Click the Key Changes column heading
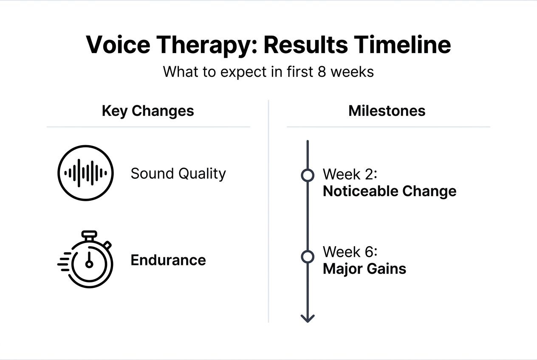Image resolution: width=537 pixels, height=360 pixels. tap(148, 111)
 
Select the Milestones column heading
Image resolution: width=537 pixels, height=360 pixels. tap(387, 111)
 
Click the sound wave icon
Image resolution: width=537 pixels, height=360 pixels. tap(85, 173)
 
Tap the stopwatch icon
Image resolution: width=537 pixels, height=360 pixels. tap(87, 259)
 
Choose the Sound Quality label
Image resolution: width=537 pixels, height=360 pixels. tap(178, 174)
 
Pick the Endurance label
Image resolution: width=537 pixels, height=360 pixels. tap(168, 260)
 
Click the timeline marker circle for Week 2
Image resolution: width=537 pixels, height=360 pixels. tap(307, 175)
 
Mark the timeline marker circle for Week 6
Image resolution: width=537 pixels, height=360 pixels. tap(307, 257)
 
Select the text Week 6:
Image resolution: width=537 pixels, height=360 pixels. tap(350, 252)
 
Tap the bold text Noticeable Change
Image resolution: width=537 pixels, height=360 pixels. tap(390, 191)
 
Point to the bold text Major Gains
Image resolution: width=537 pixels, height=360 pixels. tap(365, 269)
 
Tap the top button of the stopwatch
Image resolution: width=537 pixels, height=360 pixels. tap(89, 234)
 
